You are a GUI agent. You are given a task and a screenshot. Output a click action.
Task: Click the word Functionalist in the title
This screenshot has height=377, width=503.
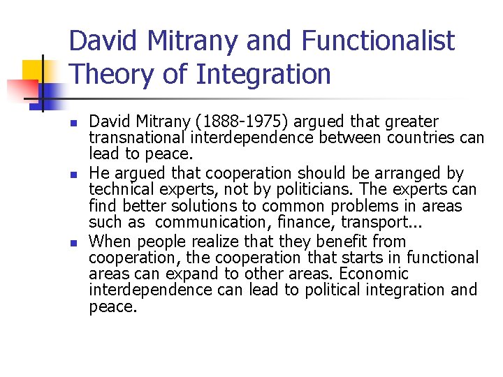pos(378,42)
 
